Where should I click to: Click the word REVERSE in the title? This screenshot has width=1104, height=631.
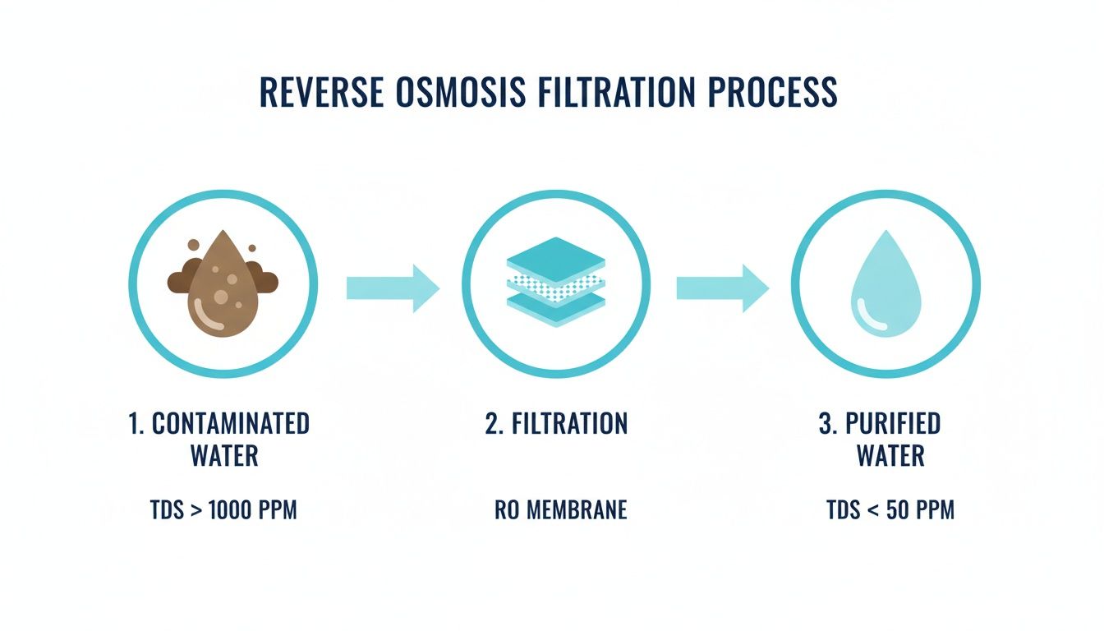click(320, 92)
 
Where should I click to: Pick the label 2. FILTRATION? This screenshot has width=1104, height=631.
click(556, 424)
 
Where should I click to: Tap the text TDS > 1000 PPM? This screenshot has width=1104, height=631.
click(223, 510)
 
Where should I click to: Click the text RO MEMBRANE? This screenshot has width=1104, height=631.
click(561, 510)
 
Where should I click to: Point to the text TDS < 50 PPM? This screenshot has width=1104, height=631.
click(890, 510)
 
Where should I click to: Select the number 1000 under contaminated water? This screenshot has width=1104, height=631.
click(234, 510)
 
